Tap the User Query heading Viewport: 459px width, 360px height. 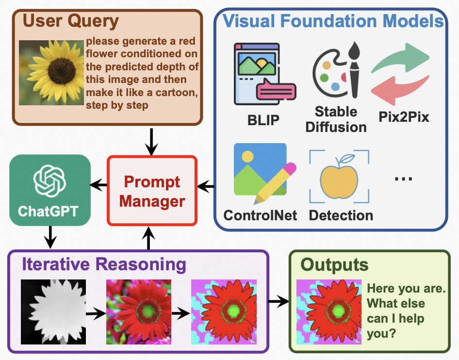(x=71, y=21)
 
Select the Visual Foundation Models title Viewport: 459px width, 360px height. (x=334, y=21)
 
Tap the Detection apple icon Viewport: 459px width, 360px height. (x=339, y=178)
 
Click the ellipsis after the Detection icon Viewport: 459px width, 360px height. (x=403, y=179)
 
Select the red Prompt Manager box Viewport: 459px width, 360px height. (x=152, y=190)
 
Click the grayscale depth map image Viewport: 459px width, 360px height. (x=53, y=311)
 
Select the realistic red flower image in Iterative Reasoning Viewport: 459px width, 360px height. (x=139, y=311)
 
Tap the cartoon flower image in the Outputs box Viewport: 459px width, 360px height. (x=328, y=311)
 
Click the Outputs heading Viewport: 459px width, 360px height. (x=334, y=265)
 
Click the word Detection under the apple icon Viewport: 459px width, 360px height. (x=341, y=215)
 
